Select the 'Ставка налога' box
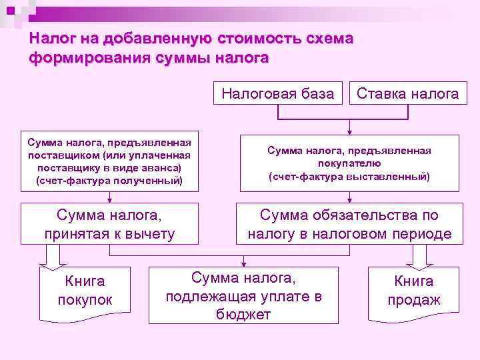pos(408,93)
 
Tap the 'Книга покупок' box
pos(85,291)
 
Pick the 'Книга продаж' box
pos(414,291)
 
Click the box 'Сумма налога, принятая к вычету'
pos(109,224)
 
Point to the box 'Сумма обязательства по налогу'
pos(349,224)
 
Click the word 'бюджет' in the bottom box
pos(243,314)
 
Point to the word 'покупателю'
pos(349,163)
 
